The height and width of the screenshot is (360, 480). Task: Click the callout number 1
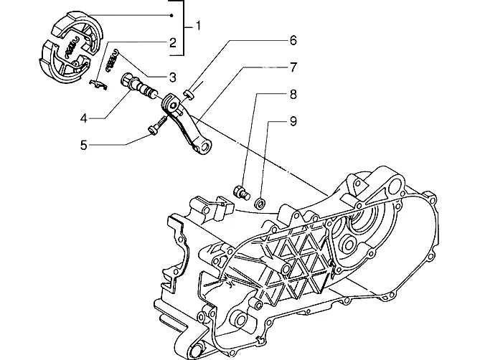198,26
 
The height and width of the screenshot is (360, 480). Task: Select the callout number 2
173,42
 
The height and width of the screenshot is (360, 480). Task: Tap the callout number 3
173,77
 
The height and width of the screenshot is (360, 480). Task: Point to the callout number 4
84,118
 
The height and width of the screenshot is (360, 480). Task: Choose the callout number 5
83,145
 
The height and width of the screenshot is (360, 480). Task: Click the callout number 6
293,40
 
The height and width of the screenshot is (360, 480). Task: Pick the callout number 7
293,67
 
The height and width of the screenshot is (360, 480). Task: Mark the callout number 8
293,94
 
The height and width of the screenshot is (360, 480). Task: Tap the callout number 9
293,121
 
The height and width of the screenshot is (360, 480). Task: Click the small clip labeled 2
98,85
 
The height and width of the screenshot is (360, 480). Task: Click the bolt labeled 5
157,125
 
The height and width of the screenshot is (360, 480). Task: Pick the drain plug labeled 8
242,193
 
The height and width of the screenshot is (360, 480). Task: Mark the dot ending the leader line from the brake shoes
172,15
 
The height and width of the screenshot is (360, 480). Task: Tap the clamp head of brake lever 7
171,104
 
